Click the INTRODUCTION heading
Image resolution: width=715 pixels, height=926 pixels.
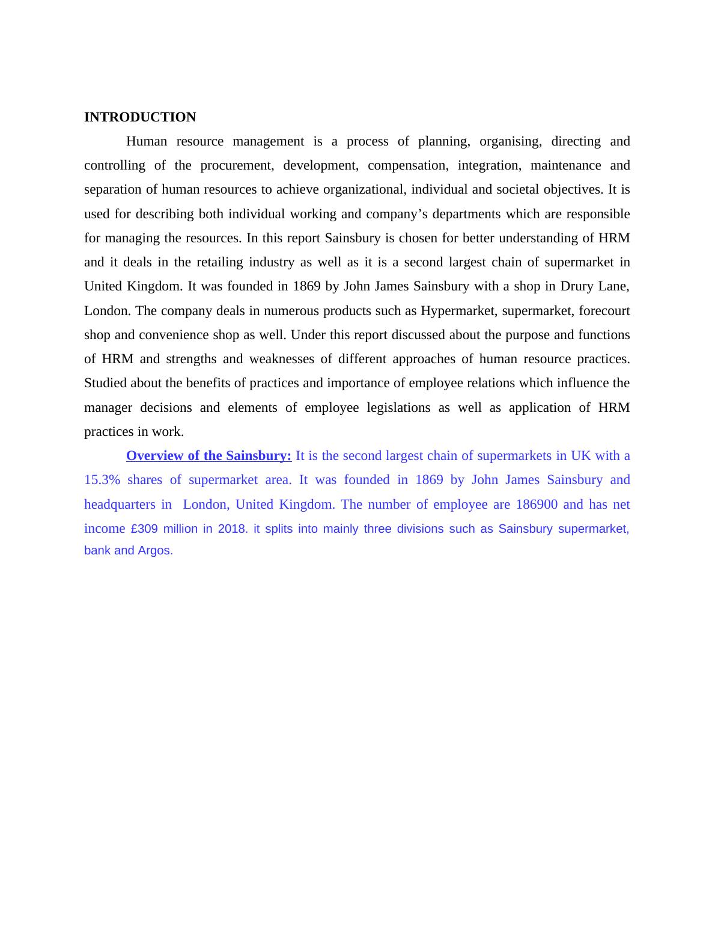140,117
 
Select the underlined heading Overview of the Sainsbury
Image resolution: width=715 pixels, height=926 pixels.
208,456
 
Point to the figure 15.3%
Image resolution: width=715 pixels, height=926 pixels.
102,480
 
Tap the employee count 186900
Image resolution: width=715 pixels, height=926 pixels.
537,504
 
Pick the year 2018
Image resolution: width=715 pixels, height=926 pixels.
233,529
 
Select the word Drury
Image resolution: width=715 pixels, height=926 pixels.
577,286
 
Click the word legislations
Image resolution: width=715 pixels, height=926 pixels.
398,408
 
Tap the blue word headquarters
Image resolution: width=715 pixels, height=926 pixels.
120,504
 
